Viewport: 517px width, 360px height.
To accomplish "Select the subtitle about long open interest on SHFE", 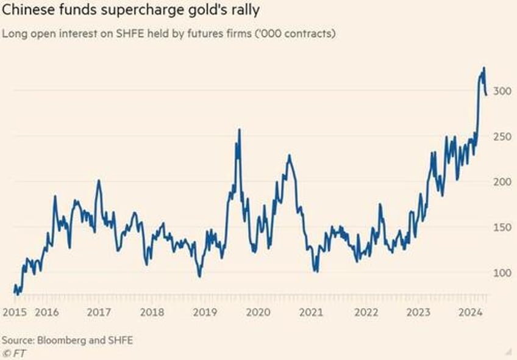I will point(168,34).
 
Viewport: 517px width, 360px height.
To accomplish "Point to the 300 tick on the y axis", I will point(502,91).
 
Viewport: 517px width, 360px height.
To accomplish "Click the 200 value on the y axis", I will point(502,182).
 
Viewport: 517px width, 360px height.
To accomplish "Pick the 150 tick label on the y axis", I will point(502,227).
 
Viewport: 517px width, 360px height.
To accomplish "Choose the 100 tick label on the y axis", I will point(502,273).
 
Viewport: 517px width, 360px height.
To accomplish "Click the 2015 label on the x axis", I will point(13,312).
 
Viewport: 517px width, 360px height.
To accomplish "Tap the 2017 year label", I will point(99,312).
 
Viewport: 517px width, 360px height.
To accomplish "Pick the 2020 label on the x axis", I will point(257,312).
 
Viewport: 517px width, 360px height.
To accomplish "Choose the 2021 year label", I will point(311,312).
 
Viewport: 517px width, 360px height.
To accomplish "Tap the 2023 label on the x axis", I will point(419,312).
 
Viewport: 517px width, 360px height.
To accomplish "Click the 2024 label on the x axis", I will point(471,312).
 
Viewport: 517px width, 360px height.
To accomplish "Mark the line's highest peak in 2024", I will point(484,68).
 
